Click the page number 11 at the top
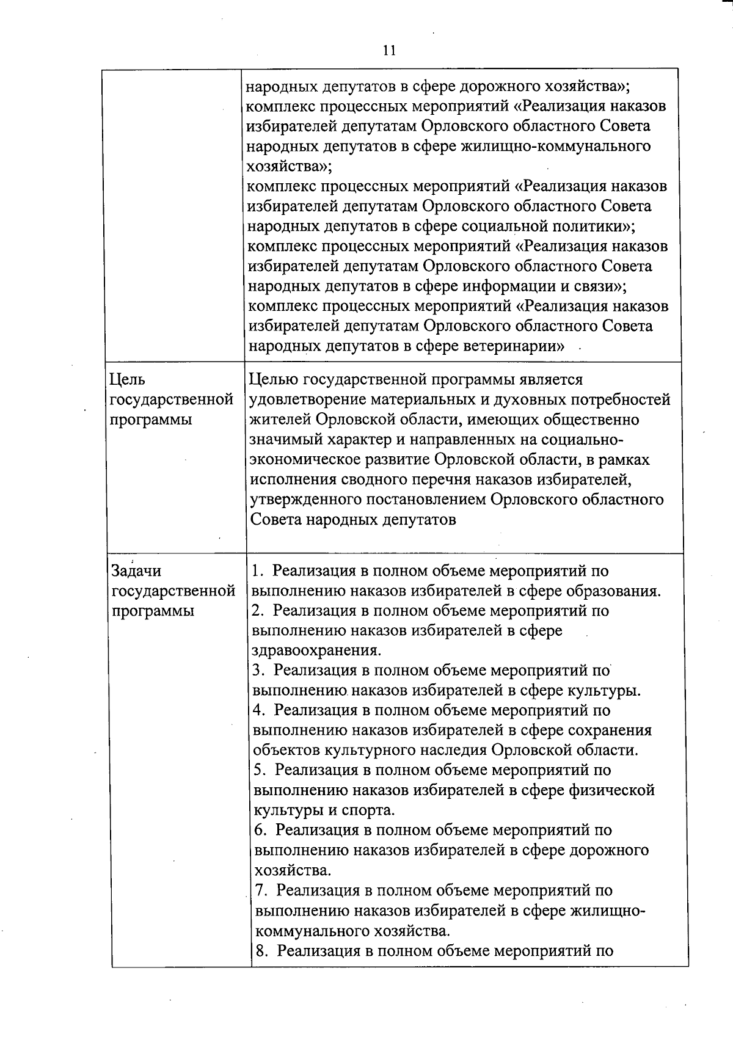click(389, 51)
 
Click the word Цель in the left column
click(126, 380)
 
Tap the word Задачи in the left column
click(136, 571)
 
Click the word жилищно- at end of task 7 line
click(607, 911)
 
